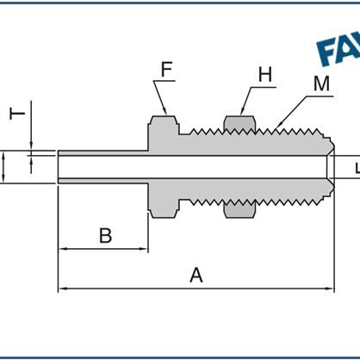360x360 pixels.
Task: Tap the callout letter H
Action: tap(264, 75)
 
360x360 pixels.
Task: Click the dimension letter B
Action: tap(105, 235)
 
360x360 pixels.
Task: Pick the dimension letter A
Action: tap(196, 275)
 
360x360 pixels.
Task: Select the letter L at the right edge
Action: tap(356, 168)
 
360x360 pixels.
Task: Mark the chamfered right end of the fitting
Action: tap(328, 167)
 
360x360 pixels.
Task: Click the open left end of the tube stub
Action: tap(59, 166)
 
